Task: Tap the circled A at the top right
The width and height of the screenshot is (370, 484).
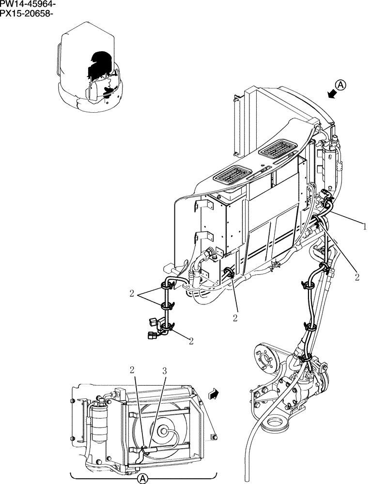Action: pyautogui.click(x=341, y=85)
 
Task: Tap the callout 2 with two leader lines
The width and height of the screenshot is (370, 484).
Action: pyautogui.click(x=132, y=293)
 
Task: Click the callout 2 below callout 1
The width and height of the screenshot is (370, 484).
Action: pyautogui.click(x=357, y=277)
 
